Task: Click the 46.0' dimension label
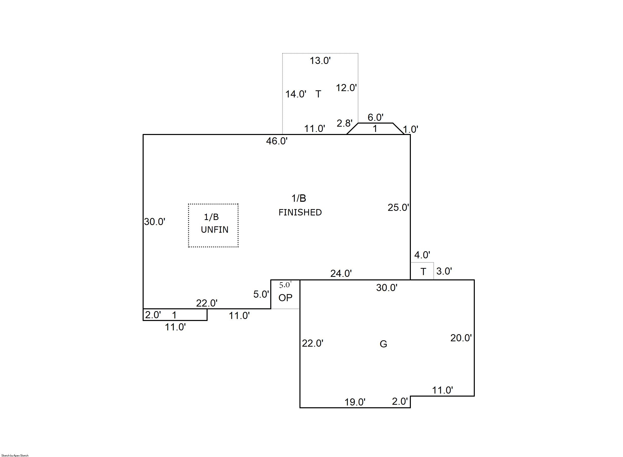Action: point(277,141)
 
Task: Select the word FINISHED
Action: point(300,212)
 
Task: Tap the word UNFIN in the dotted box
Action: point(214,230)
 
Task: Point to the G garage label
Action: point(383,344)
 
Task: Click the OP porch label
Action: point(285,298)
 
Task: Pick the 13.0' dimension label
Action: point(320,61)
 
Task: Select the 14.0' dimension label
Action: point(296,94)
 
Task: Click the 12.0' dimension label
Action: point(346,88)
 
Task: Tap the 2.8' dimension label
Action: point(344,123)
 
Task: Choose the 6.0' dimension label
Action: point(375,117)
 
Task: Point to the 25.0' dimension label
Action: point(398,208)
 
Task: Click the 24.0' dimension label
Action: point(341,274)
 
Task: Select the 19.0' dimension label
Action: point(355,402)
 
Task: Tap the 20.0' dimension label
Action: point(461,338)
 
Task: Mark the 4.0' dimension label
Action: point(422,255)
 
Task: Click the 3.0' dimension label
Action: point(444,271)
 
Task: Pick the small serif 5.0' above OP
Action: point(285,285)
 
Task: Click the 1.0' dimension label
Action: point(410,129)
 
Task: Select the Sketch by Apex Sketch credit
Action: point(15,455)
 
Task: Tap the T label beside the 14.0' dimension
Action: point(318,94)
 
